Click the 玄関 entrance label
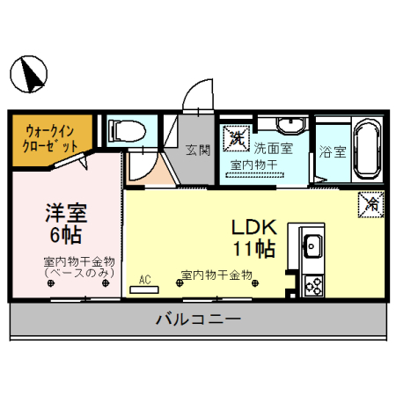(198, 150)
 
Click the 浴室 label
(334, 150)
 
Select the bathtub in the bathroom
(363, 150)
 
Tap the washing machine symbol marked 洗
(237, 137)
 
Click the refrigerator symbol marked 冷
(369, 205)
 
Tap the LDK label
(253, 225)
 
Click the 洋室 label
(65, 214)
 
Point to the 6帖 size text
(65, 235)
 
